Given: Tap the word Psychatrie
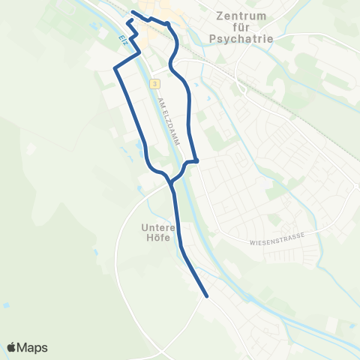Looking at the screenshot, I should [242, 38].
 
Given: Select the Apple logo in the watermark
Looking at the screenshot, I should [11, 347].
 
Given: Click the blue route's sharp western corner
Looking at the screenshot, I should [115, 69].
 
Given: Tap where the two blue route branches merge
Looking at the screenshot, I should [172, 182].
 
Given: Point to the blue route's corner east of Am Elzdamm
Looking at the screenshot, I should [196, 160].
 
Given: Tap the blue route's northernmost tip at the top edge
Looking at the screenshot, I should [133, 12].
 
